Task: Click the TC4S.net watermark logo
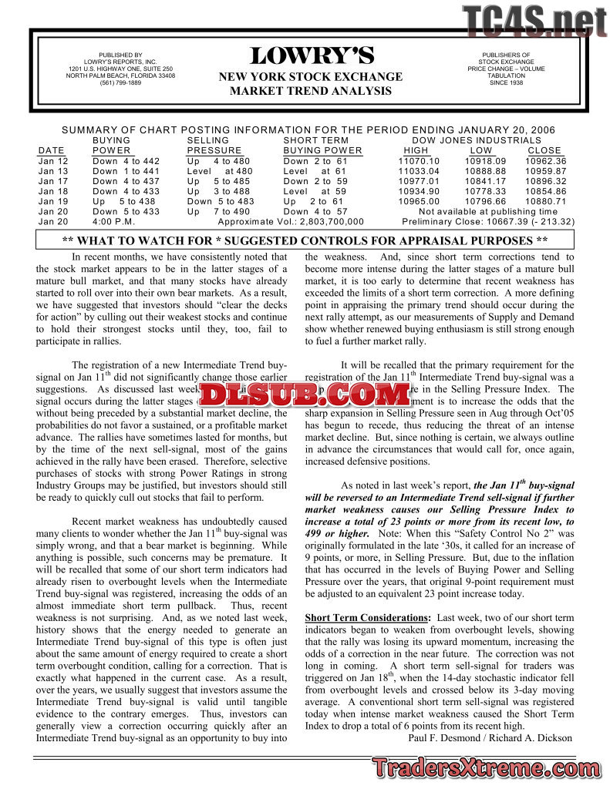[x=534, y=21]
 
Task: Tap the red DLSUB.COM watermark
[x=305, y=395]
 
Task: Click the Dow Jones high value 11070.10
[x=419, y=161]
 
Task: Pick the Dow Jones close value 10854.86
[x=545, y=191]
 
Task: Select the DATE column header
[x=51, y=150]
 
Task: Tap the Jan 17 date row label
[x=53, y=181]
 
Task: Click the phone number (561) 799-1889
[x=120, y=83]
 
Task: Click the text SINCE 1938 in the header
[x=505, y=83]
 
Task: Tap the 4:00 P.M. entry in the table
[x=114, y=221]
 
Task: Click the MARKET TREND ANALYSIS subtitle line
[x=310, y=91]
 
